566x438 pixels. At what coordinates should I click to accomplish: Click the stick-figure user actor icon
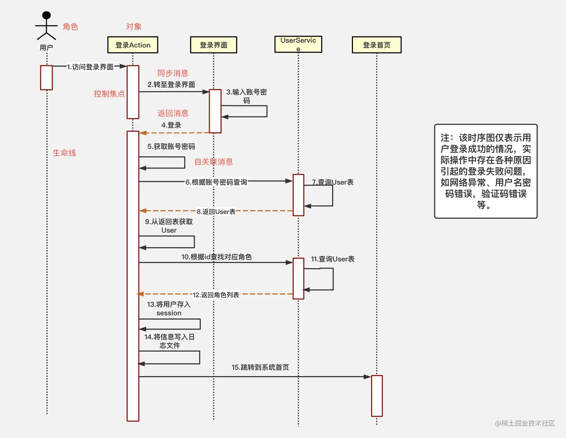(46, 26)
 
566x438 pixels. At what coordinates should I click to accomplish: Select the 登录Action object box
(133, 45)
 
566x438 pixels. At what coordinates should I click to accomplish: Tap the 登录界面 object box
(213, 45)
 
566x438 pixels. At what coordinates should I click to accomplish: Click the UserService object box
(298, 44)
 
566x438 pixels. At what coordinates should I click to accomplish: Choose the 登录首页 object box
(377, 45)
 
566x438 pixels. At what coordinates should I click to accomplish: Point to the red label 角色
(70, 27)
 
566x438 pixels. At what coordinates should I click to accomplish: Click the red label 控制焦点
(109, 94)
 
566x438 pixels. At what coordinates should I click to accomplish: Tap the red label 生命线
(64, 153)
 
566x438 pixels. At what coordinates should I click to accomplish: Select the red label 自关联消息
(213, 162)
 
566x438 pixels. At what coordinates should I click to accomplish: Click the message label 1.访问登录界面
(90, 67)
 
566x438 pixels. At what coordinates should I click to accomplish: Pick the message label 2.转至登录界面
(171, 85)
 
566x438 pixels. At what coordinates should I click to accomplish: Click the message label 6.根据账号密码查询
(216, 182)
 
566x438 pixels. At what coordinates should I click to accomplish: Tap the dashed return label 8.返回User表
(216, 212)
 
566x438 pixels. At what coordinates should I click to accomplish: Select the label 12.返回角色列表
(216, 295)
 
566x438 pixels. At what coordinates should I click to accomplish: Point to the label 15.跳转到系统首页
(260, 367)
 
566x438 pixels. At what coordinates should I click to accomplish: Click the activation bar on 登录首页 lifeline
(377, 396)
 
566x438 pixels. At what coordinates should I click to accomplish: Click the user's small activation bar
(46, 77)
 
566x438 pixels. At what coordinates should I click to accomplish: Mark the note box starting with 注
(486, 171)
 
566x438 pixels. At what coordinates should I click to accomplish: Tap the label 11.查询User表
(332, 259)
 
